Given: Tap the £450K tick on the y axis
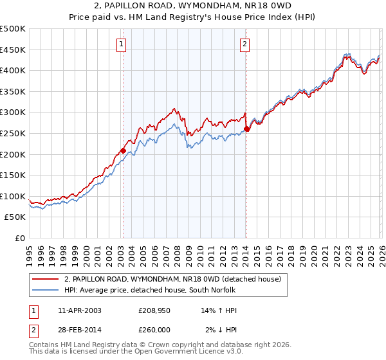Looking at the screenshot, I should [13, 50].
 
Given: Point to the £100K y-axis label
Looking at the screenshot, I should [13, 196].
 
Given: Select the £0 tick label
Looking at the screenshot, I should [19, 238].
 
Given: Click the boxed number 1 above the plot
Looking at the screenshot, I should [122, 44].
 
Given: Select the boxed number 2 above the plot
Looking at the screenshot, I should [246, 44].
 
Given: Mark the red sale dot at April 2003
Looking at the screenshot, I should [123, 151].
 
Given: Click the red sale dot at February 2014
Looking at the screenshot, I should [247, 129].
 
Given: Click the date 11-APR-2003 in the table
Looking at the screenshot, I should [77, 310].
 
